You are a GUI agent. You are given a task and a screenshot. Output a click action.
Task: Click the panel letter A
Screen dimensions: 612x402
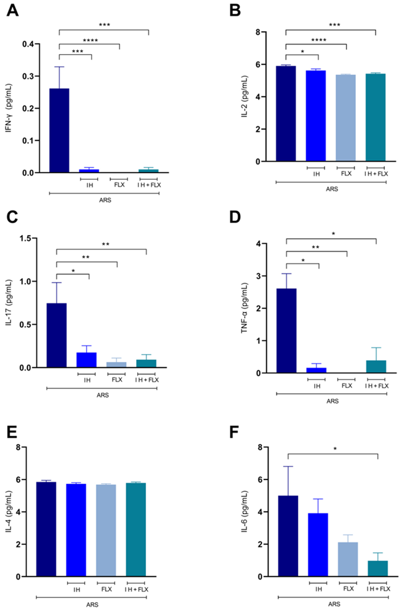tap(12, 11)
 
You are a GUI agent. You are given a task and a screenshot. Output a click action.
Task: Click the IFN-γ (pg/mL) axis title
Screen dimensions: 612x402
tap(9, 108)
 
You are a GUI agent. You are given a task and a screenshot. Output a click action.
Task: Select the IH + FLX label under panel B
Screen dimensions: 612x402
tap(376, 174)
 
